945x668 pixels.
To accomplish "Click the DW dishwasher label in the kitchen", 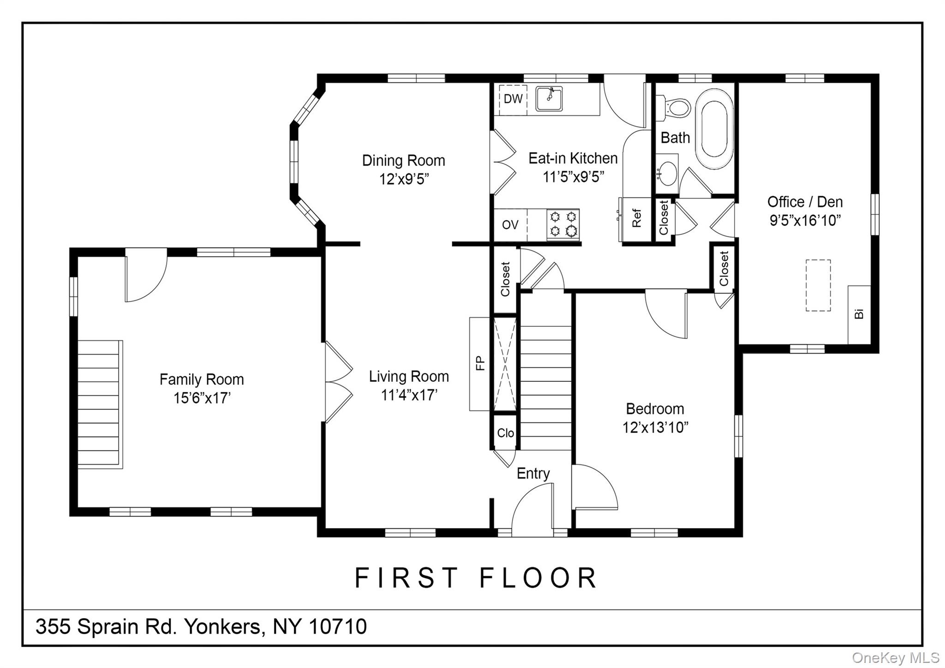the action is pyautogui.click(x=513, y=99).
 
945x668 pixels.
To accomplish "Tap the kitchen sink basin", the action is pyautogui.click(x=549, y=99).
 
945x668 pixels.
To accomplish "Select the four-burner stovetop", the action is pyautogui.click(x=563, y=224).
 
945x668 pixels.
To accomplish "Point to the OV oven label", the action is pyautogui.click(x=510, y=225).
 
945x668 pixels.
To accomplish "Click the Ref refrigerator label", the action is pyautogui.click(x=637, y=218).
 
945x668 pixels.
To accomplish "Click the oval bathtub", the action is pyautogui.click(x=714, y=129).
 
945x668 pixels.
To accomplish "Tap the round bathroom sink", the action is pyautogui.click(x=667, y=173).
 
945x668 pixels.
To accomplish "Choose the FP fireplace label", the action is pyautogui.click(x=480, y=363).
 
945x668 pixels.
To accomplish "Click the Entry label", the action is pyautogui.click(x=533, y=474).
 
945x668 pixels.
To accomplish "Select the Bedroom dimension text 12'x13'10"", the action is pyautogui.click(x=655, y=428).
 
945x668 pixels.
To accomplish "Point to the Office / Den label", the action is pyautogui.click(x=805, y=202).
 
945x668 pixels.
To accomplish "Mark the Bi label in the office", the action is pyautogui.click(x=859, y=313).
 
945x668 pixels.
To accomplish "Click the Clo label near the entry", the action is pyautogui.click(x=505, y=433).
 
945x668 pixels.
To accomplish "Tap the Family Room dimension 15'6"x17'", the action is pyautogui.click(x=202, y=398).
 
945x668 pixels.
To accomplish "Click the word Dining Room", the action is pyautogui.click(x=404, y=161).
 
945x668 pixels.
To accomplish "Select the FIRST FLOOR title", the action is pyautogui.click(x=476, y=578).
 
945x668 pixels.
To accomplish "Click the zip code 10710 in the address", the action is pyautogui.click(x=338, y=626).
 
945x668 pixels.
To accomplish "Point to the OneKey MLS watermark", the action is pyautogui.click(x=896, y=657).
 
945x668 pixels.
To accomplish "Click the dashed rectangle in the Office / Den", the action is pyautogui.click(x=818, y=285).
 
